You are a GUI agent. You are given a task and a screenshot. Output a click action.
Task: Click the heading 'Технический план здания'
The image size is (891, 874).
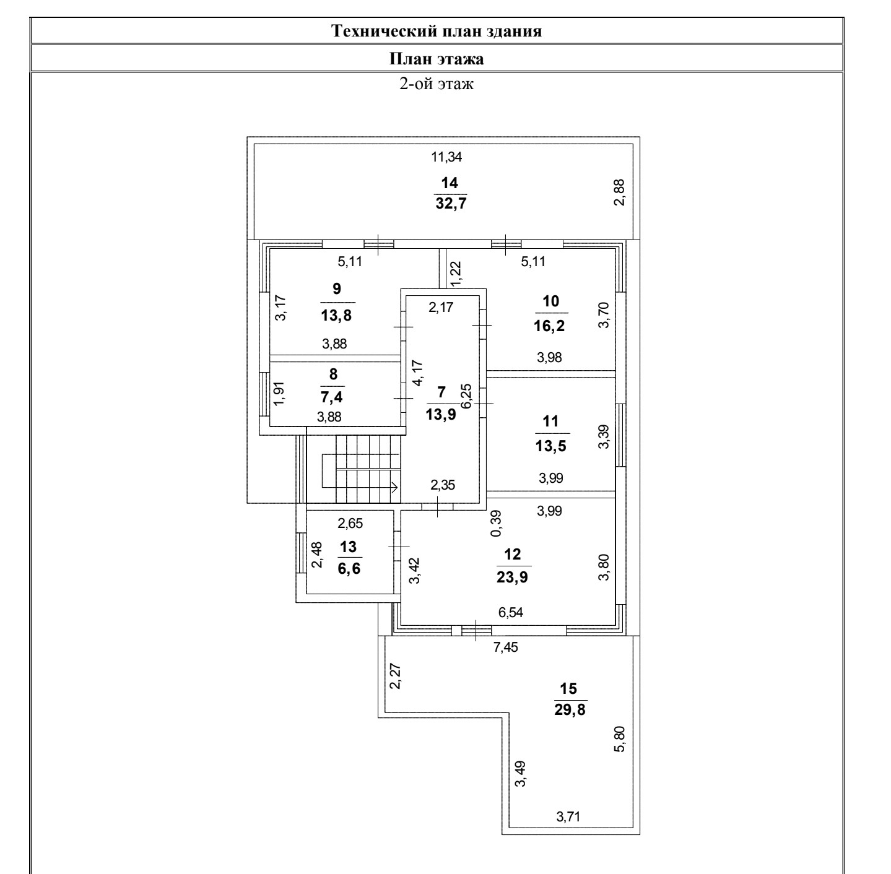(437, 31)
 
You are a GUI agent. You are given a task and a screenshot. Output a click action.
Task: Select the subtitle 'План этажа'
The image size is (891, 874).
(437, 59)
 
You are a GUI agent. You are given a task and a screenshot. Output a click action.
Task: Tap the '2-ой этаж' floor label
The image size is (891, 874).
(437, 84)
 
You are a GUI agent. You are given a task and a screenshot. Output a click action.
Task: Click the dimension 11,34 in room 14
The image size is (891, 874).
(446, 157)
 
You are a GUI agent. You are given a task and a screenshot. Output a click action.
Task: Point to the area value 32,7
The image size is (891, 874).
(450, 203)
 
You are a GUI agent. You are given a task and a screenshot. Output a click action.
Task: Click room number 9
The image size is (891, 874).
(336, 288)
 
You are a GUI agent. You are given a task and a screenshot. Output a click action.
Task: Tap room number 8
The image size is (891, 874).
(334, 374)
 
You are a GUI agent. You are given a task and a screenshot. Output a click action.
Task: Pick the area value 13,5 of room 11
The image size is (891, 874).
(550, 446)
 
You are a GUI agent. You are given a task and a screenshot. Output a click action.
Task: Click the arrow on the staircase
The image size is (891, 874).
(394, 487)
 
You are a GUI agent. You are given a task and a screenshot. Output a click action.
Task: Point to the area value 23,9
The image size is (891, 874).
(512, 578)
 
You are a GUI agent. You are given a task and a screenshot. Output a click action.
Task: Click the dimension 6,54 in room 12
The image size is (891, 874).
(511, 613)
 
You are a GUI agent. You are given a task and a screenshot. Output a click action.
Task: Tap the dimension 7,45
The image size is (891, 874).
(505, 648)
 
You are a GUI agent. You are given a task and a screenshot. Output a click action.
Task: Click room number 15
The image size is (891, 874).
(568, 688)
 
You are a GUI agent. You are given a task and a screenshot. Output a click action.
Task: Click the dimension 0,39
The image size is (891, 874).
(495, 524)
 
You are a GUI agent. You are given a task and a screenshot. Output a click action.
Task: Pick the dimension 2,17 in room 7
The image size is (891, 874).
(441, 307)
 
